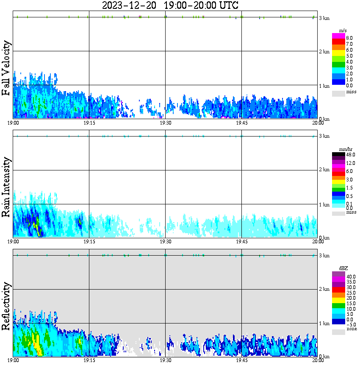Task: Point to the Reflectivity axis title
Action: click(6, 307)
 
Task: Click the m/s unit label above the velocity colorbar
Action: click(343, 30)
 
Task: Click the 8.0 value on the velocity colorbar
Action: click(349, 38)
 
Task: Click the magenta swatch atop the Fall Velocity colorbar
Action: click(338, 36)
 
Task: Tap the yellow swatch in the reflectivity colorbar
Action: click(338, 300)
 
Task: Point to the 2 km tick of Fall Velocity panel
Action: click(324, 52)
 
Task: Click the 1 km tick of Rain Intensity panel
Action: click(324, 205)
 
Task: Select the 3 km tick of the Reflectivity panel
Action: click(324, 256)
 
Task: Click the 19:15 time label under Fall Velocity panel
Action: click(89, 123)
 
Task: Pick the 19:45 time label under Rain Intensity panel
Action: click(241, 242)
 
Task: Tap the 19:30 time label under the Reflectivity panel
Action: click(165, 360)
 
